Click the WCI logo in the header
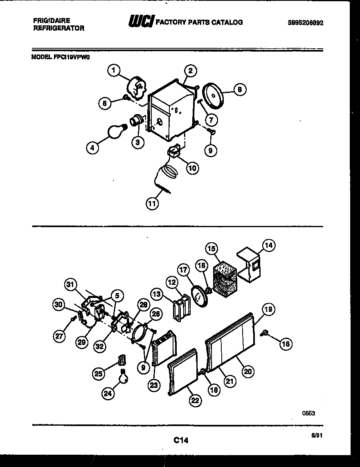tap(140, 22)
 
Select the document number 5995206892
tap(306, 23)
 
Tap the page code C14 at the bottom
tap(180, 440)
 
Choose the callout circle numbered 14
tap(268, 246)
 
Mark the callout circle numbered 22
tap(195, 401)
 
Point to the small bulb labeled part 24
tap(122, 376)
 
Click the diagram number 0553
tap(308, 413)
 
